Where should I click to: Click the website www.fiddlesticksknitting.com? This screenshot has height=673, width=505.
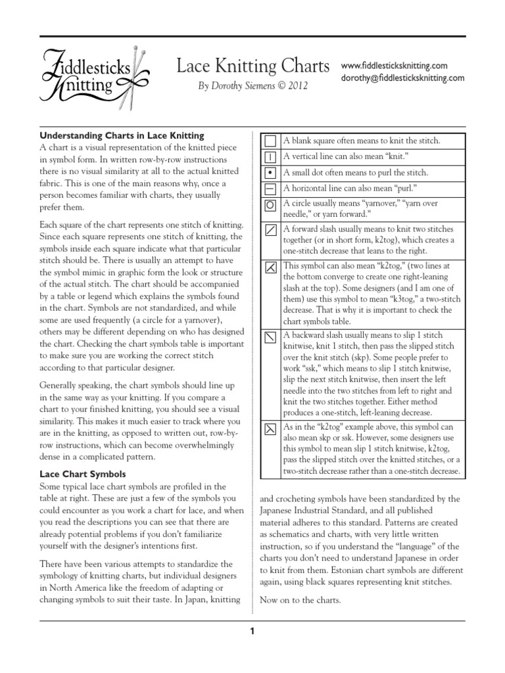pos(394,66)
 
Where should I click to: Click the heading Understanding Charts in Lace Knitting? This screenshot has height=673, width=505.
pos(123,135)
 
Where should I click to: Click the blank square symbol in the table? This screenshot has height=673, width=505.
pos(270,141)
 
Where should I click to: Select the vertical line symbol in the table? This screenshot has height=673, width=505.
pos(270,157)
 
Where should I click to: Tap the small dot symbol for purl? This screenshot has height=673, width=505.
pos(270,173)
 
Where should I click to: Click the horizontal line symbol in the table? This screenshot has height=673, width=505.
pos(270,189)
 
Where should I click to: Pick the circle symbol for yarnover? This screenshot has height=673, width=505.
pos(270,204)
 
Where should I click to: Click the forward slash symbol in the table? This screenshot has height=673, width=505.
pos(270,230)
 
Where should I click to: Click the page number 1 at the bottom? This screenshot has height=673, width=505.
pos(251,632)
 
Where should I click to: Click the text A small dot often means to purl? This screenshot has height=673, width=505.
pos(355,173)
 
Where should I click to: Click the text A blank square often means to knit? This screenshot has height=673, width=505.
pos(361,141)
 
